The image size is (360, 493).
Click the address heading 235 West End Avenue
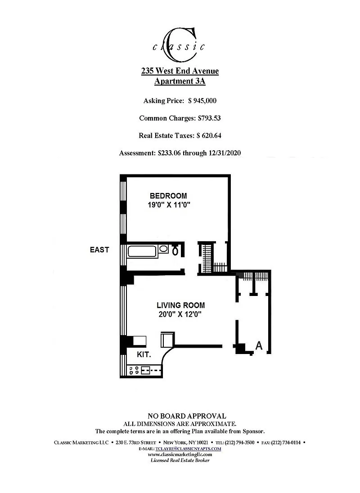[180, 71]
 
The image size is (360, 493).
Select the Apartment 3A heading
[180, 81]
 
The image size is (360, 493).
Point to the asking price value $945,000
[202, 101]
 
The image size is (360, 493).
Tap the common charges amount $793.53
[209, 118]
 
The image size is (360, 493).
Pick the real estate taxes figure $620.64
[209, 135]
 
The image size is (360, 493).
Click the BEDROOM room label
[168, 196]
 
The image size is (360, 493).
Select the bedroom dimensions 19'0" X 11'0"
[169, 205]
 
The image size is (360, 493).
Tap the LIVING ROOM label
[181, 305]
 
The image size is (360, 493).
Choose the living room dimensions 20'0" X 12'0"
[180, 314]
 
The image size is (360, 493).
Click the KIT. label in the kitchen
[144, 354]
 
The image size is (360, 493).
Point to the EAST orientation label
[99, 250]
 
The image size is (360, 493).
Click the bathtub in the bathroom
[142, 251]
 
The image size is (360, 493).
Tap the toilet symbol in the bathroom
[175, 251]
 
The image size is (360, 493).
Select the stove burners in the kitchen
[134, 370]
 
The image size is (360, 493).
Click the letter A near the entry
[259, 345]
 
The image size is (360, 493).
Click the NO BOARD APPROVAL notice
[187, 416]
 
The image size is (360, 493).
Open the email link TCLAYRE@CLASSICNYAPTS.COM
[188, 448]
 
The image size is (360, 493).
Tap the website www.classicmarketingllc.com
[180, 454]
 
